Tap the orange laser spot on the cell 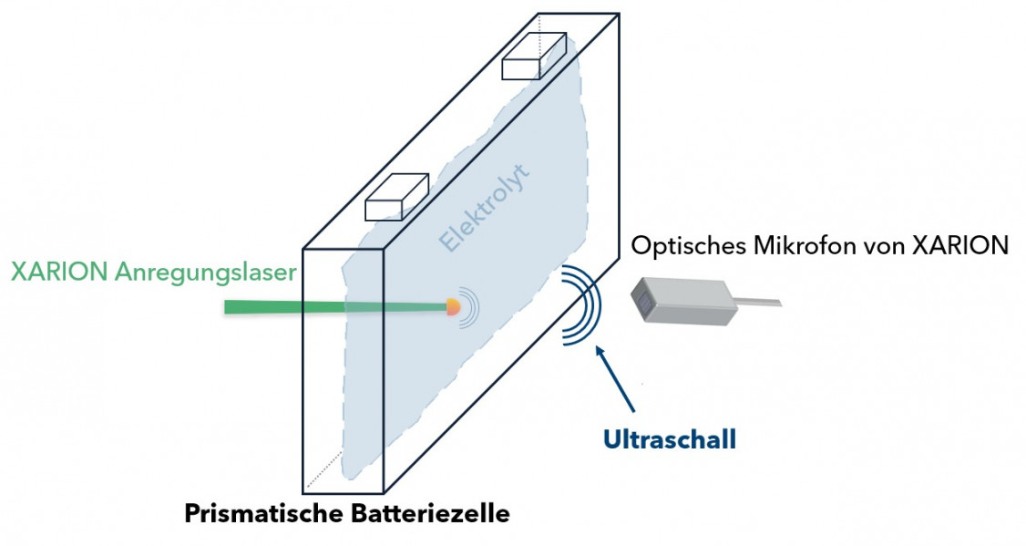452,308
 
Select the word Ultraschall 669,439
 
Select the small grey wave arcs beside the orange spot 469,307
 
